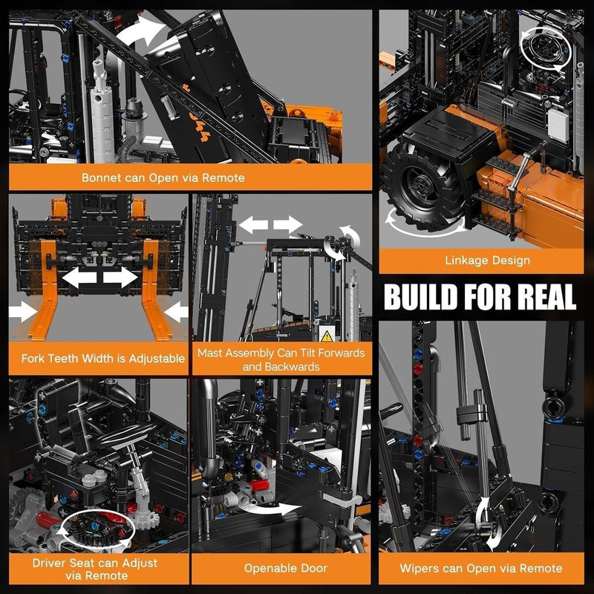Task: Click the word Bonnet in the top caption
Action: tap(101, 177)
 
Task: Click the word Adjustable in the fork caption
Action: tap(157, 359)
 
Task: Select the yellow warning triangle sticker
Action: tap(326, 336)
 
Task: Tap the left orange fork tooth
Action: tap(44, 289)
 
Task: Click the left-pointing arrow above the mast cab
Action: tap(253, 225)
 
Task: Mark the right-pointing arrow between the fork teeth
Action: tap(120, 277)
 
